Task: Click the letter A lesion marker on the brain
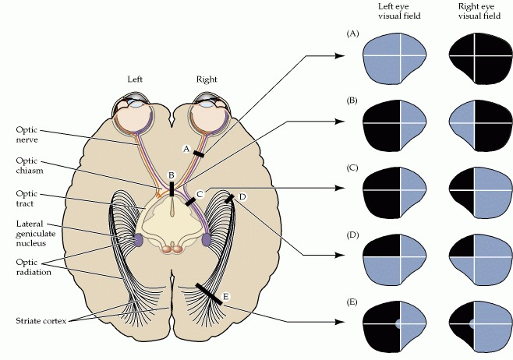(x=186, y=147)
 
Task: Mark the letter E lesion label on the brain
(x=226, y=296)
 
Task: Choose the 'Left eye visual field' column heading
(x=396, y=11)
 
